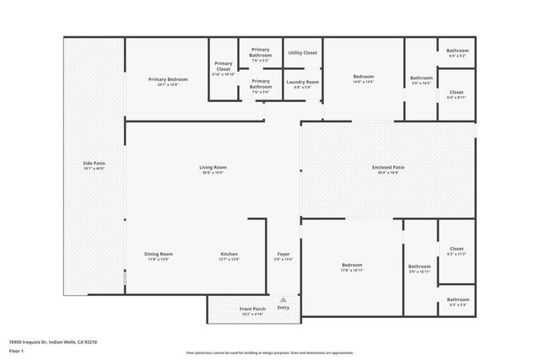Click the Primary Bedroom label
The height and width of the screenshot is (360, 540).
click(168, 79)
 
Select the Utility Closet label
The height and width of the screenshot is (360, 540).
click(303, 52)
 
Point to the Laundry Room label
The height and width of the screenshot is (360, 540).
click(303, 82)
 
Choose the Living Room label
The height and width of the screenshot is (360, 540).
click(213, 167)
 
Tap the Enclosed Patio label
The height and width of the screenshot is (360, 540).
click(388, 167)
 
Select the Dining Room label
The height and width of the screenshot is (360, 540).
click(159, 254)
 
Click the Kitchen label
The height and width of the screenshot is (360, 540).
click(229, 254)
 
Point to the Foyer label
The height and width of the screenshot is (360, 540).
click(283, 254)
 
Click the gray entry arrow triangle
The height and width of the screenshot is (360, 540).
click(283, 299)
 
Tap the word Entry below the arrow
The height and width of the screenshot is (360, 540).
click(283, 308)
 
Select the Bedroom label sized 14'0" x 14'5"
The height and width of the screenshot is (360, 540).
click(363, 77)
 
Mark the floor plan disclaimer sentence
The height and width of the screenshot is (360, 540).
click(269, 352)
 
